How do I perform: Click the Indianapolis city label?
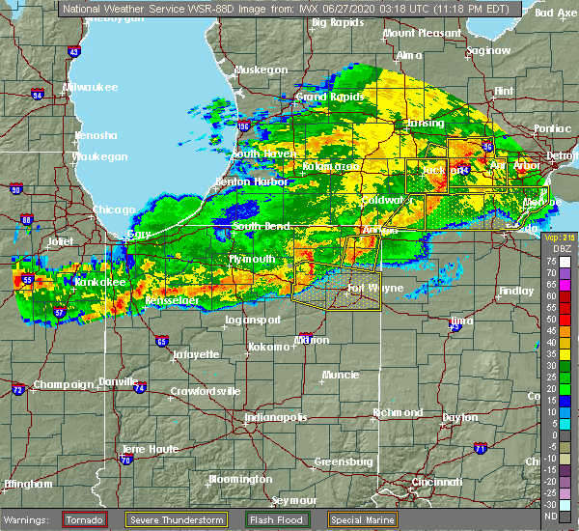tap(276, 418)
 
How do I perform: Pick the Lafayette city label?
tap(197, 355)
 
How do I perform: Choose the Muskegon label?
tap(261, 70)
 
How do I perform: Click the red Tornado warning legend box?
tap(84, 519)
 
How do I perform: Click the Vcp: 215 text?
tap(559, 238)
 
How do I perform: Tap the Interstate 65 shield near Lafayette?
tap(161, 341)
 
